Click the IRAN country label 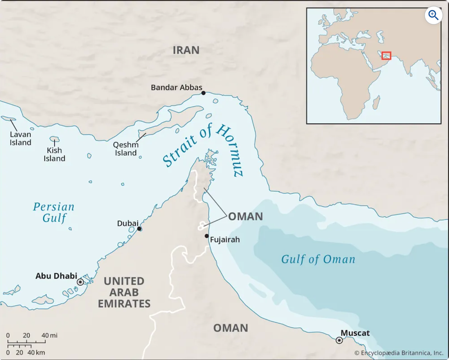[186, 50]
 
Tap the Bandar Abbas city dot [203, 93]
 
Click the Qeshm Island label [126, 149]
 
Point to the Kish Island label [54, 155]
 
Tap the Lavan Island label [21, 138]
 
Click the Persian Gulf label [54, 213]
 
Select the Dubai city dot [140, 229]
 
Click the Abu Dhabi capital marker [80, 282]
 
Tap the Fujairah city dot [206, 236]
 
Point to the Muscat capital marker [339, 340]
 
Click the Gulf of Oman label [318, 259]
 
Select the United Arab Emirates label [124, 293]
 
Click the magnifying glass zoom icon [433, 15]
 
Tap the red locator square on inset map [386, 56]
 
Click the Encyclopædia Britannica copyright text [399, 353]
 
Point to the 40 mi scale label [49, 336]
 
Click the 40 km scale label [36, 353]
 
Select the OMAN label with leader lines [245, 217]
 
